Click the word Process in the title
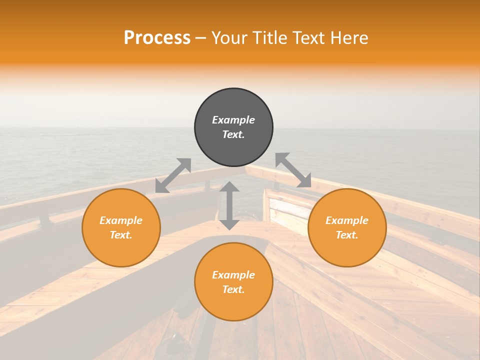157,38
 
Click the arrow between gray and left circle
173,175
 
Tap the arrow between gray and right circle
293,170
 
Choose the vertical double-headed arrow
229,205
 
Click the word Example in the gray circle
233,120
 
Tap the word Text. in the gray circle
233,134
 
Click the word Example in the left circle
121,220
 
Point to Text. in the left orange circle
121,235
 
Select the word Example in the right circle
347,220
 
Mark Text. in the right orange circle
347,235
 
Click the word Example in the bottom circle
233,275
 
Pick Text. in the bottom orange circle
233,289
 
